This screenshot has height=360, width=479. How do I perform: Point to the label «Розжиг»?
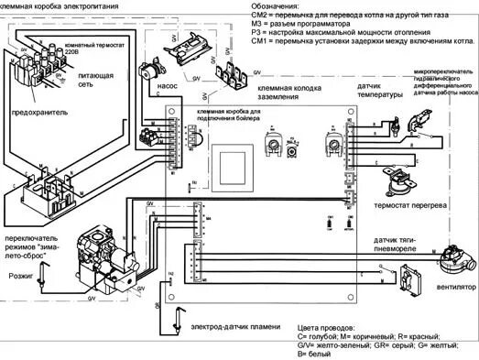click(x=21, y=273)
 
